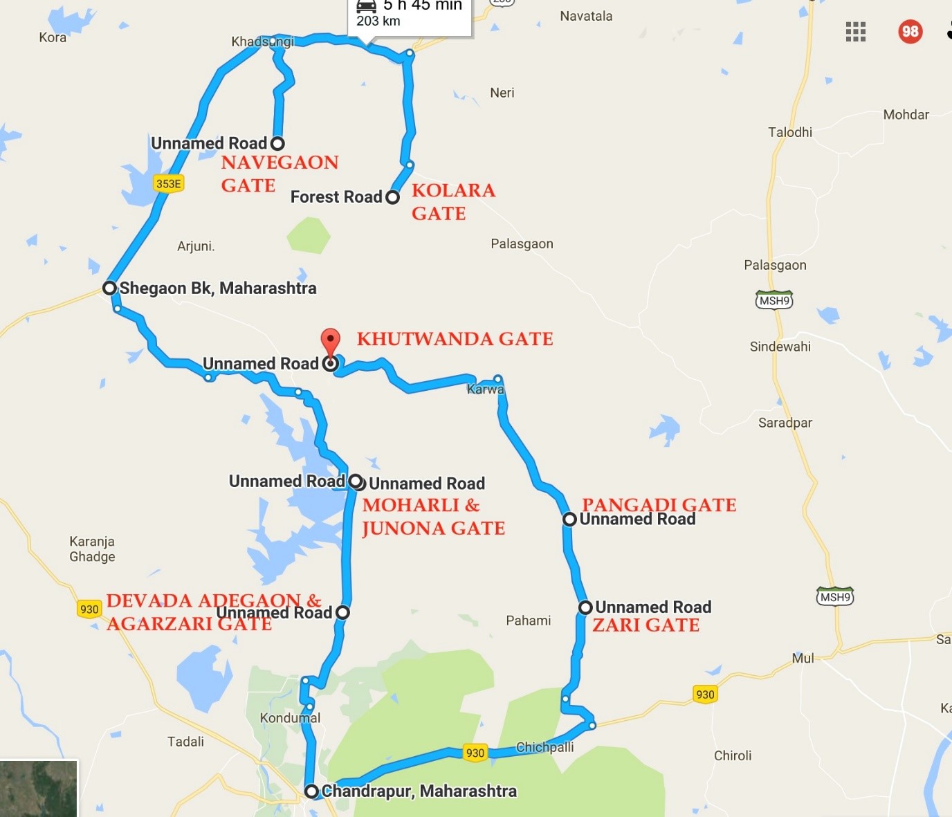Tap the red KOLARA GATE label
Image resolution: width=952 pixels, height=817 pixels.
point(453,201)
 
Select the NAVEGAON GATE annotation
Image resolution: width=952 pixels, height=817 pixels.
point(280,174)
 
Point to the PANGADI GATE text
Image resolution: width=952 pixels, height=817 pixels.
point(659,504)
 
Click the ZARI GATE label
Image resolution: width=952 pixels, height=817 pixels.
point(646,625)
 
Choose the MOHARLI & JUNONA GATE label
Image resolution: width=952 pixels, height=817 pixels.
point(433,517)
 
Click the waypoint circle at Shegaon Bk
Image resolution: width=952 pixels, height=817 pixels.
point(109,288)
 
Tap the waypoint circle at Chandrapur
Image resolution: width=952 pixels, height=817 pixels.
point(312,791)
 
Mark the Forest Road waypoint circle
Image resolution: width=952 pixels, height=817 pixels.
point(392,197)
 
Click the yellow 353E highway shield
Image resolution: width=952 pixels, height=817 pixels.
point(168,183)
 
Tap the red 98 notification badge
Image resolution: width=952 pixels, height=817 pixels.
point(910,31)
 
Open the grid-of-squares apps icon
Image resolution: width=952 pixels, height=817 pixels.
point(856,31)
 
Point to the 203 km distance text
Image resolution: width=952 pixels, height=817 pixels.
point(378,21)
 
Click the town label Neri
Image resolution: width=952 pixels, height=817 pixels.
point(502,93)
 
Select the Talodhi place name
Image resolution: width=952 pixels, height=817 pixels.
point(790,132)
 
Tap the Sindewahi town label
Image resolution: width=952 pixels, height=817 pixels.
point(780,347)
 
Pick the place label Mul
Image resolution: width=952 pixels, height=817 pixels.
point(803,658)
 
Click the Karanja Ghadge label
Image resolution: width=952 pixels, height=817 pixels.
point(92,549)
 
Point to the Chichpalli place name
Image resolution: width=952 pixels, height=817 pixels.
point(544,747)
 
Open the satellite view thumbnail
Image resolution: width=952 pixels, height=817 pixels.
point(39,789)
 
